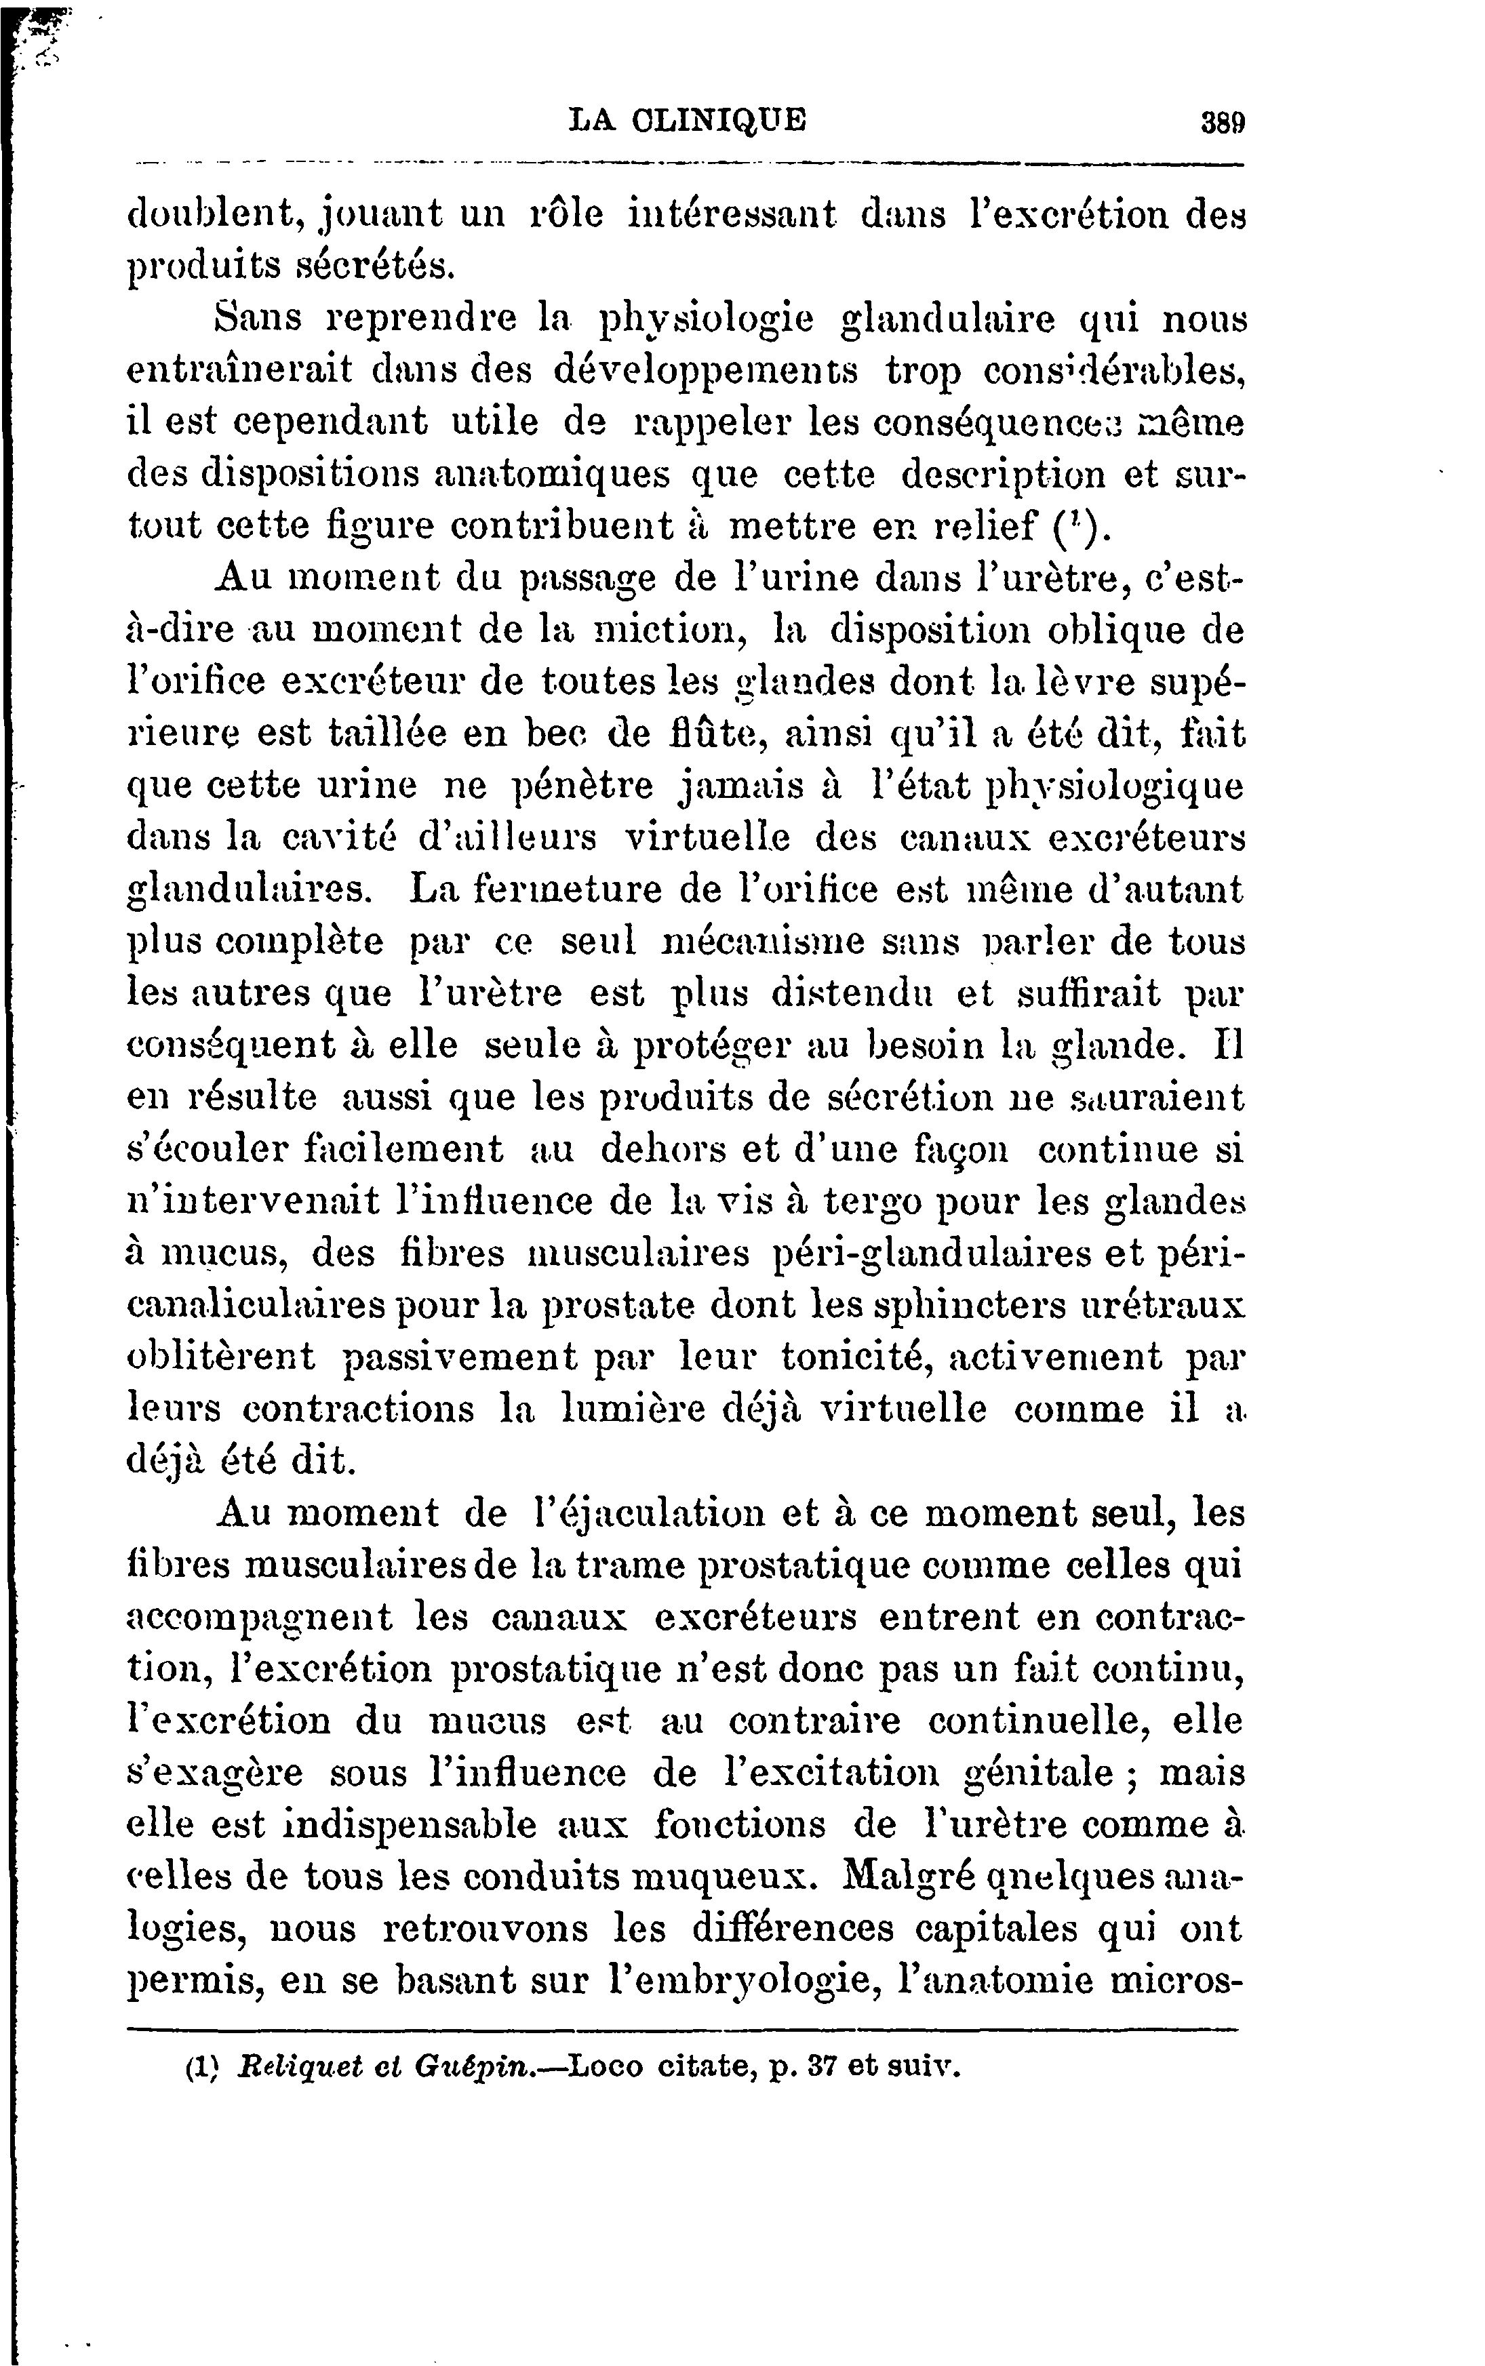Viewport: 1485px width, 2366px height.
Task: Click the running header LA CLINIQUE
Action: [x=688, y=120]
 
